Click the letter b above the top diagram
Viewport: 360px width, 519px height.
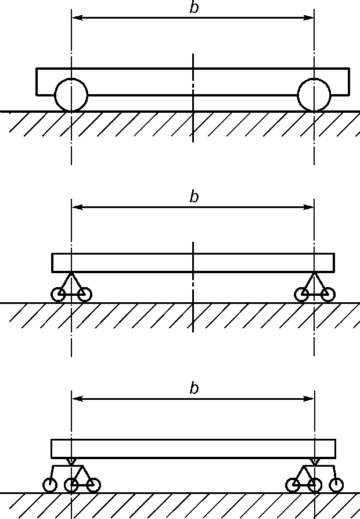(194, 8)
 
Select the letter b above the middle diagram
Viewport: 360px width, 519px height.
(194, 197)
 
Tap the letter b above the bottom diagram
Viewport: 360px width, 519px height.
(194, 389)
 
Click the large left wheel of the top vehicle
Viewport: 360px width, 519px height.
(71, 95)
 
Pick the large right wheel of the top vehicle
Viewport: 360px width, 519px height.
(314, 95)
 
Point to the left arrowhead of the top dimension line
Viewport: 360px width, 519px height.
(76, 18)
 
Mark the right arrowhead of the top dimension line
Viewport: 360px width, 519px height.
(309, 18)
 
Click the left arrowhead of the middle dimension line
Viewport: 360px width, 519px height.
(76, 207)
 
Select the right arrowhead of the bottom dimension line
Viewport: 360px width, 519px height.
(309, 399)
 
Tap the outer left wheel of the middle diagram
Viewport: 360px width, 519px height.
(59, 295)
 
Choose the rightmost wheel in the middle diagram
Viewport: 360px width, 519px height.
(328, 295)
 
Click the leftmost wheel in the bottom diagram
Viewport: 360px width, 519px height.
(51, 485)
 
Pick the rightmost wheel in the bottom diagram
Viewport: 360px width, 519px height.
(336, 485)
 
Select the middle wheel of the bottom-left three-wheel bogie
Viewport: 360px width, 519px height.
(71, 485)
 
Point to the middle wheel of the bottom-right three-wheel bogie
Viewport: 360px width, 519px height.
(314, 485)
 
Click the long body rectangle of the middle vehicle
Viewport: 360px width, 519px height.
(193, 263)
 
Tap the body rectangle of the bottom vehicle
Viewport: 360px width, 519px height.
(193, 449)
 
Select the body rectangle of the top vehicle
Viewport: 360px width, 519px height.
(193, 81)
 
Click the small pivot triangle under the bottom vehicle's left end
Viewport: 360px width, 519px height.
(71, 462)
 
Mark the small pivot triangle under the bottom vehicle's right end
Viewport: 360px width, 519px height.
(314, 462)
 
